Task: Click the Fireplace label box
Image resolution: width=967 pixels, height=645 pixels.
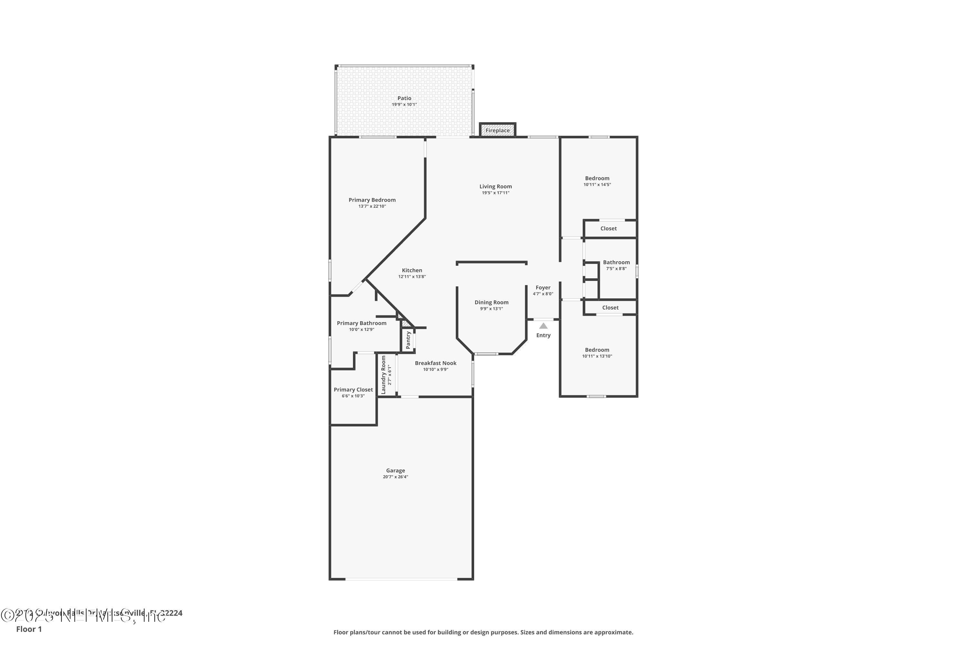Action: click(497, 130)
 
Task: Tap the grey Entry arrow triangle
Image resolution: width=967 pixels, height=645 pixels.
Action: click(543, 326)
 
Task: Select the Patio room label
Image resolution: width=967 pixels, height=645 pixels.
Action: click(404, 98)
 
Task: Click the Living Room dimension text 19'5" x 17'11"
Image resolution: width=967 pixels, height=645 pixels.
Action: click(495, 193)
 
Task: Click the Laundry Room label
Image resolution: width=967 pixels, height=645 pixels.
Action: click(384, 375)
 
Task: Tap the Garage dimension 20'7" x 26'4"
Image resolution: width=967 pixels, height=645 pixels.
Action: click(395, 477)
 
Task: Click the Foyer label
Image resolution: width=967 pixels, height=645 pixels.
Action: click(543, 288)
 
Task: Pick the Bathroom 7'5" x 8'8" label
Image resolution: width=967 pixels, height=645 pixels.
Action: click(616, 263)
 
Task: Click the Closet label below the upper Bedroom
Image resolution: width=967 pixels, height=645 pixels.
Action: click(609, 229)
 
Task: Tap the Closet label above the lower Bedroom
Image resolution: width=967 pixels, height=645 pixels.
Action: click(610, 308)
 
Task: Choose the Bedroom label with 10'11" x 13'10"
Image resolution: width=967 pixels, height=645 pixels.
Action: click(597, 350)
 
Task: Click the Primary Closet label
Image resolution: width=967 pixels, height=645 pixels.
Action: click(353, 390)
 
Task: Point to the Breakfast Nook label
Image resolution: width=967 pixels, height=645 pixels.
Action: click(435, 363)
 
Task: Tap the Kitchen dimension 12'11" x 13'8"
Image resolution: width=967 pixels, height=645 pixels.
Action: click(412, 277)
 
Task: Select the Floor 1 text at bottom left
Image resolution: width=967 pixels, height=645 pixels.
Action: click(29, 629)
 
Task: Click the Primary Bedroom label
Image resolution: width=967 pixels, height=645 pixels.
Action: click(372, 200)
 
